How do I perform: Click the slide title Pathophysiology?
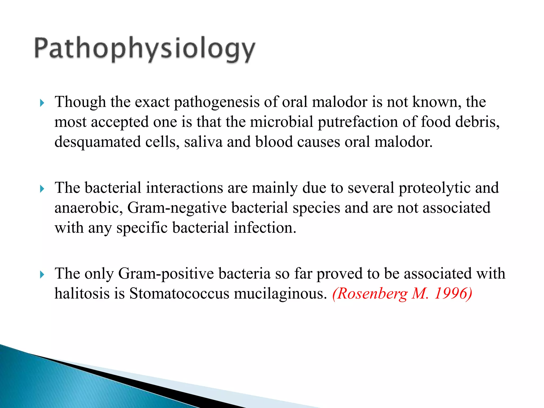coord(145,49)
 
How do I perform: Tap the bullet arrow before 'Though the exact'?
coord(42,103)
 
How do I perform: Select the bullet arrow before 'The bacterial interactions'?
coord(42,189)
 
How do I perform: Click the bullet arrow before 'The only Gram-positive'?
coord(42,275)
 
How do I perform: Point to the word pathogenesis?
coord(216,102)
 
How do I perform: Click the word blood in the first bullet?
coord(274,142)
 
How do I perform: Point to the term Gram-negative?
coord(177,208)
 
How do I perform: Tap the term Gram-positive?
coord(166,274)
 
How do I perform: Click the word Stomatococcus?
coord(179,294)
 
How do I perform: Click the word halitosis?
coord(82,294)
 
